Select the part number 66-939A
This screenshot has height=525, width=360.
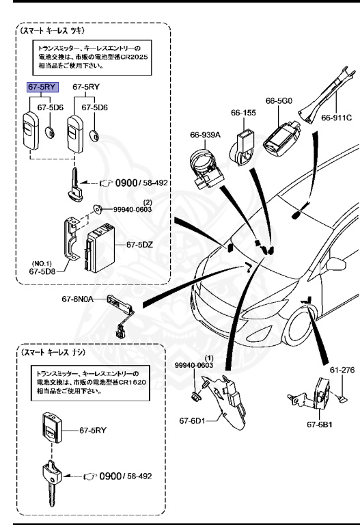click(x=204, y=135)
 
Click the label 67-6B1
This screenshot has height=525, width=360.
click(x=320, y=424)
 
